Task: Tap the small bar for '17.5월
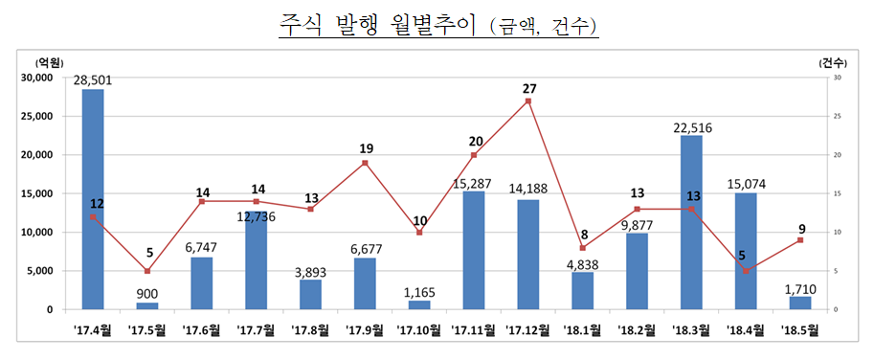click(x=146, y=305)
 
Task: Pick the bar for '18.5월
click(x=799, y=303)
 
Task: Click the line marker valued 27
click(x=528, y=101)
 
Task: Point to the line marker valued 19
click(x=365, y=163)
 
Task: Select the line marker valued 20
click(x=474, y=155)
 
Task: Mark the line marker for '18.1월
click(x=582, y=248)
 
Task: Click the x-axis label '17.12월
click(x=527, y=331)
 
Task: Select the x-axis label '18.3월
click(x=691, y=331)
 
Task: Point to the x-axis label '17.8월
click(x=310, y=331)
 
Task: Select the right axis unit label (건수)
click(x=832, y=62)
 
